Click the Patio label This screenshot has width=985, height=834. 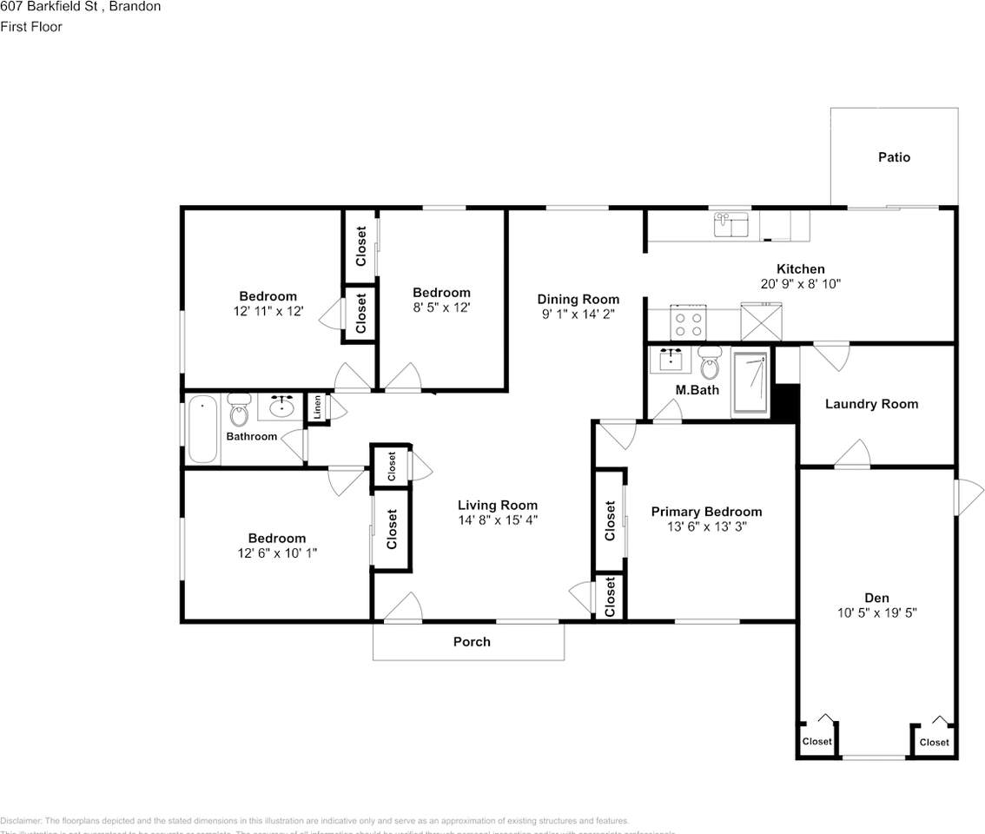(894, 157)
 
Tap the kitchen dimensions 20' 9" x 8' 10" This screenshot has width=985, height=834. (800, 283)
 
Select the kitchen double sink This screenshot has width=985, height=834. (731, 225)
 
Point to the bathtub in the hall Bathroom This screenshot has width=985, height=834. (203, 429)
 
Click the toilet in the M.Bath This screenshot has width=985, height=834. (710, 366)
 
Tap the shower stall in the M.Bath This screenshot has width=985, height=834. (750, 381)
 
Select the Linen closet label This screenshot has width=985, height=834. (317, 408)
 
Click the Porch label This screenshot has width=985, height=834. (472, 642)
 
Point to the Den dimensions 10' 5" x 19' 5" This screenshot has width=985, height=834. (876, 612)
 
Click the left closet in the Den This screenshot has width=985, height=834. (817, 741)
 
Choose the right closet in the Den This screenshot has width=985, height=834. (934, 741)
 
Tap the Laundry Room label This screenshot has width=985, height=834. (871, 404)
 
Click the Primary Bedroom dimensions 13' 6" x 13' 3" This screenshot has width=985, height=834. (706, 526)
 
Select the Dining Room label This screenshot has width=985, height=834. (578, 300)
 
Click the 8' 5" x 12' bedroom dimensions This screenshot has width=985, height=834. (441, 307)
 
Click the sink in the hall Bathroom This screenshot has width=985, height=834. (281, 405)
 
